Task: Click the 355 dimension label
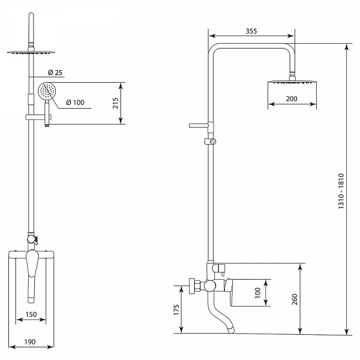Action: click(x=251, y=31)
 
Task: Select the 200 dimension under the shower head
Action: click(x=292, y=99)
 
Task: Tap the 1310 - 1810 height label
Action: click(x=341, y=191)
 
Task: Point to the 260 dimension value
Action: click(x=295, y=299)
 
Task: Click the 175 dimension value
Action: click(x=176, y=310)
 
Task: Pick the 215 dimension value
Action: click(x=115, y=103)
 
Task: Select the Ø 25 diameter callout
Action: click(x=55, y=73)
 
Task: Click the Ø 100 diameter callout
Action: click(x=75, y=103)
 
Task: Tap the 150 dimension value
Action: click(x=31, y=314)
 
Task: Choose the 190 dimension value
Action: click(x=30, y=342)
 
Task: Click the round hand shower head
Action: click(x=46, y=91)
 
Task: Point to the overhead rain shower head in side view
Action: click(x=292, y=82)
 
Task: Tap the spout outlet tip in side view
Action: click(x=231, y=331)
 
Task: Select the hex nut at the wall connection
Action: click(x=194, y=286)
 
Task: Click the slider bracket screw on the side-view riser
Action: click(x=214, y=141)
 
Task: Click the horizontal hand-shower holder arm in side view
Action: click(x=199, y=125)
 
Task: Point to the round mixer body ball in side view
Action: click(x=210, y=286)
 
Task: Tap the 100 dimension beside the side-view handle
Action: click(x=257, y=293)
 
